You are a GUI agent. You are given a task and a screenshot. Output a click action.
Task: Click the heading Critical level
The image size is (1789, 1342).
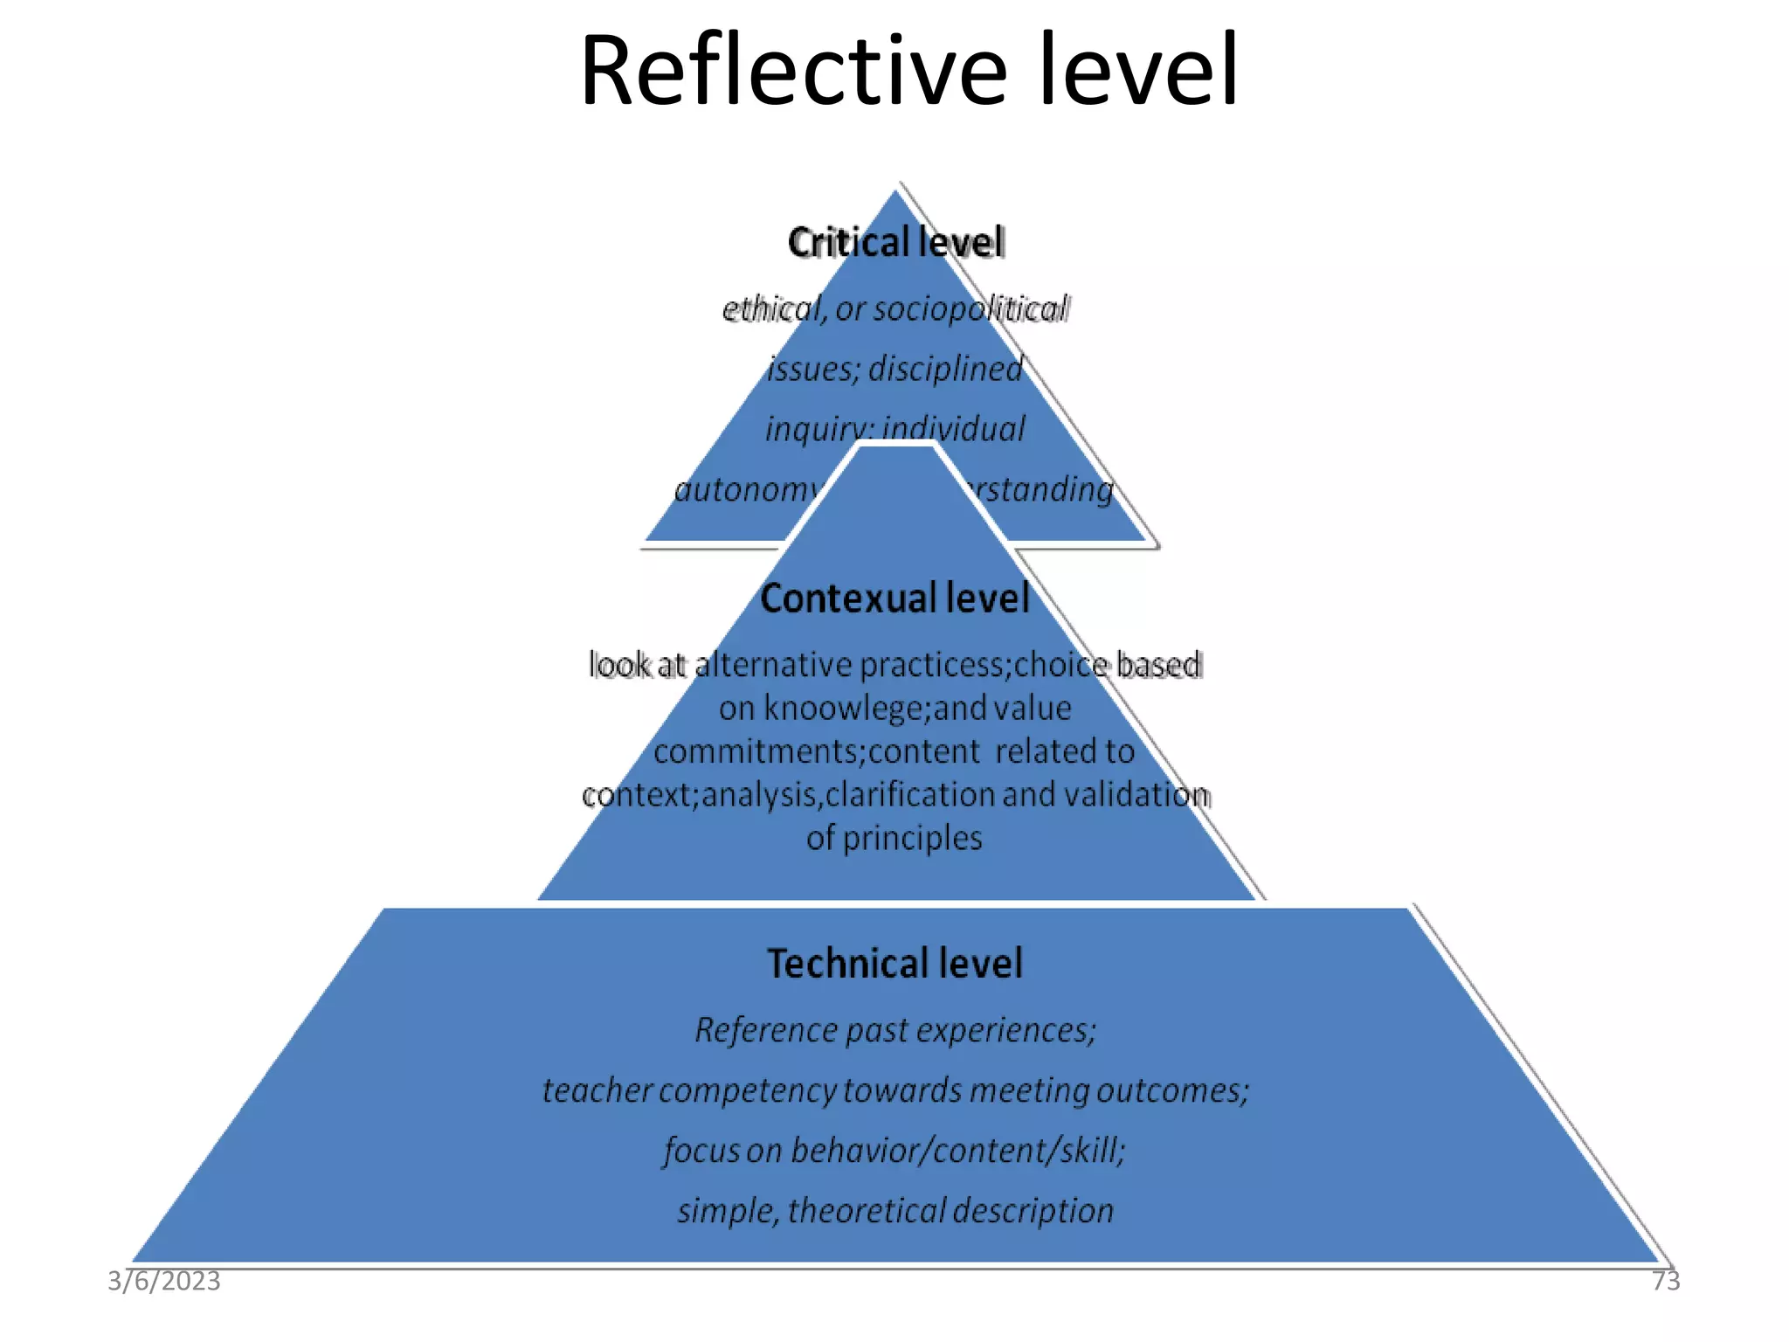click(x=895, y=242)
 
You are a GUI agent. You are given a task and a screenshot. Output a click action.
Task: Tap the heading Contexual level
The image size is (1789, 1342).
click(x=894, y=598)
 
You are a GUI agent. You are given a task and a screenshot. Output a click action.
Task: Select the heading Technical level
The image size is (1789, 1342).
click(x=894, y=964)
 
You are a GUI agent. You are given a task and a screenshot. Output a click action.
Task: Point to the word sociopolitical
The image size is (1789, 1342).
click(x=970, y=308)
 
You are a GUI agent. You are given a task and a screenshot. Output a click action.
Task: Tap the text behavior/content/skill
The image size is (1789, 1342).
click(x=957, y=1151)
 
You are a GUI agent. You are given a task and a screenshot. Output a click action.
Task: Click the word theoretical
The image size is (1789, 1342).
click(x=866, y=1211)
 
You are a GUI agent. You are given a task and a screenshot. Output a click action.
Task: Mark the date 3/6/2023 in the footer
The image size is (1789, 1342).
click(x=164, y=1281)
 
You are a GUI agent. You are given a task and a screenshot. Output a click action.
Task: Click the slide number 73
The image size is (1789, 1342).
click(x=1665, y=1281)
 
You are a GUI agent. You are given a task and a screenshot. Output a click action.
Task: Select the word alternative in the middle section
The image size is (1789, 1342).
click(x=772, y=665)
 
